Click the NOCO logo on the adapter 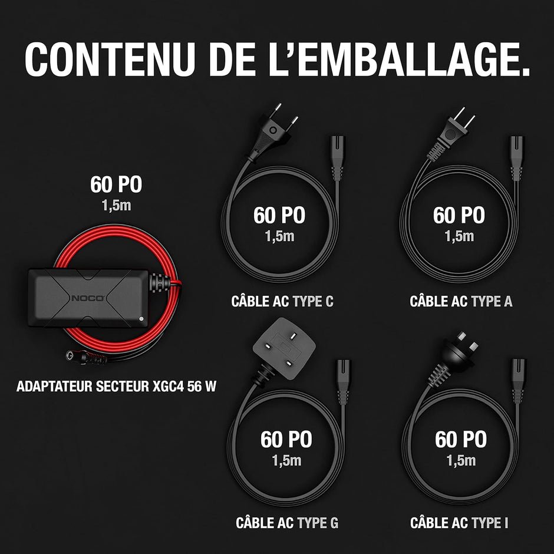(88, 298)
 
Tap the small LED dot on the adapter (141, 319)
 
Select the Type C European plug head (272, 133)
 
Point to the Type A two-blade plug (450, 136)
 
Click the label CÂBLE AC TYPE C (282, 301)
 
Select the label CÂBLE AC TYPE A (461, 301)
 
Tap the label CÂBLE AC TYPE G (287, 523)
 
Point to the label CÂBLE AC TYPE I (459, 523)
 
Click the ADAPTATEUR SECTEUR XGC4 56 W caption (116, 386)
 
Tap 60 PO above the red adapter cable (116, 184)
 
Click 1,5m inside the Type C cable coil (279, 236)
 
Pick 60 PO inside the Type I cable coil (461, 439)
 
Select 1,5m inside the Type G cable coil (286, 461)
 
